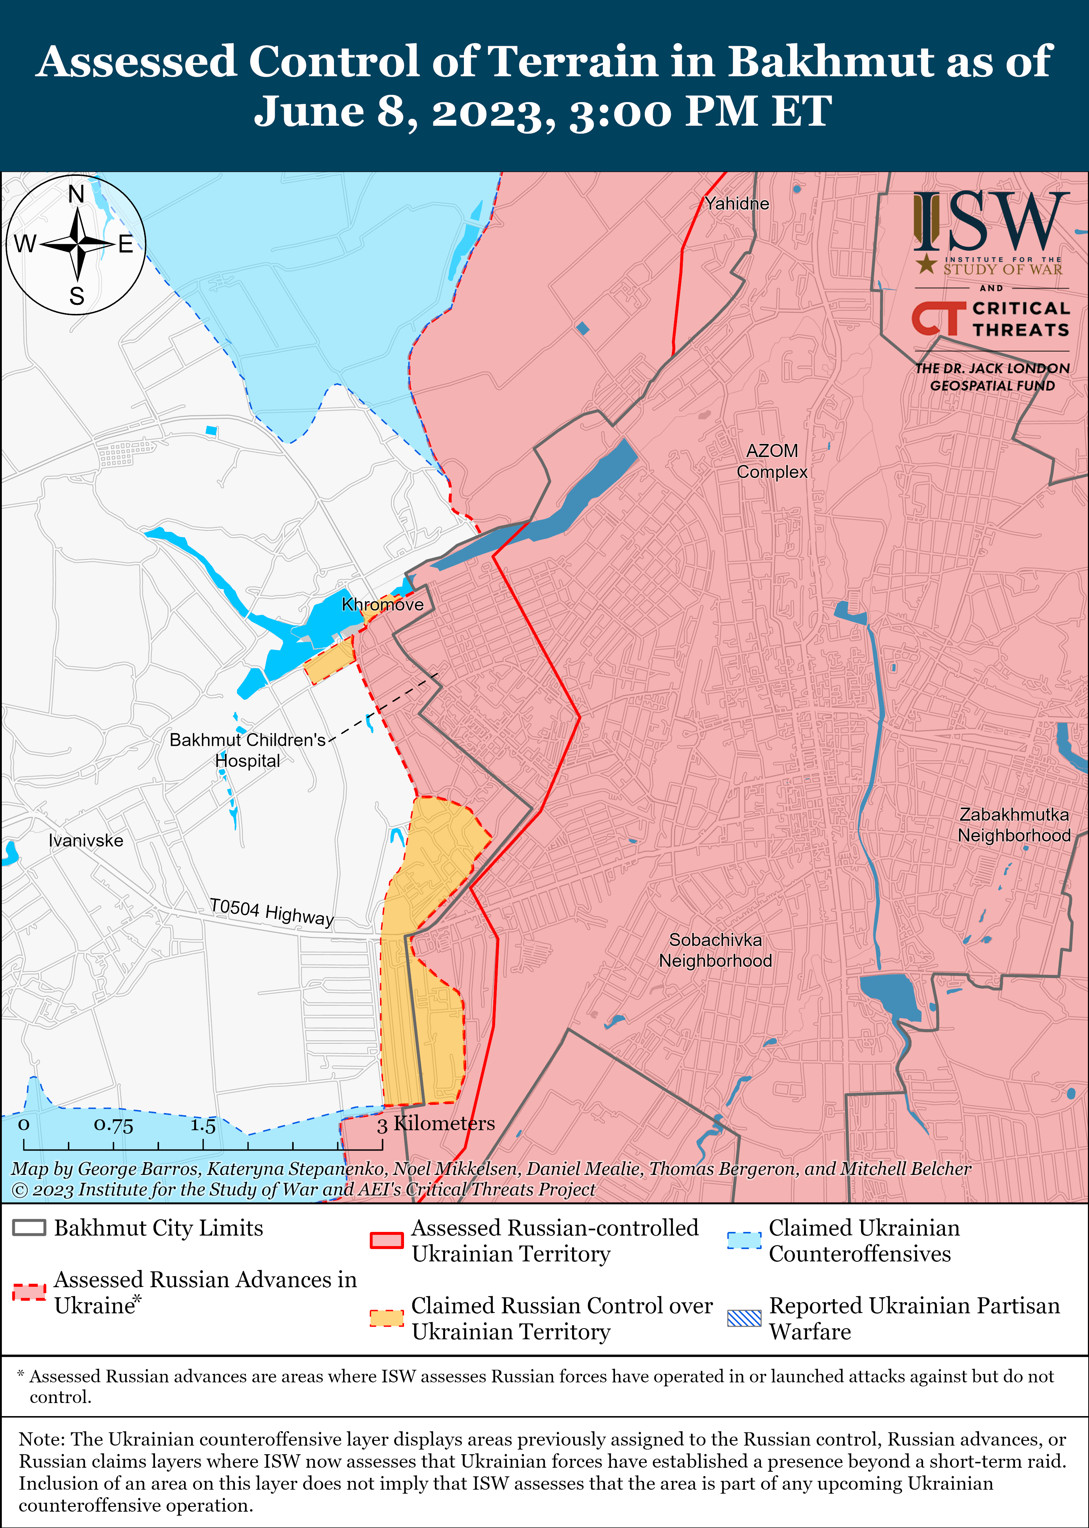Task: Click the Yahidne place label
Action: tap(736, 203)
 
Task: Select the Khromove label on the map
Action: tap(382, 605)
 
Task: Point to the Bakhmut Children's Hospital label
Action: tap(248, 749)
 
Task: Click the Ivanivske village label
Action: tap(86, 840)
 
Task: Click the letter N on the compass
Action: tap(77, 195)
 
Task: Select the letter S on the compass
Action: tap(77, 296)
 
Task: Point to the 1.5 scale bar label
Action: tap(203, 1125)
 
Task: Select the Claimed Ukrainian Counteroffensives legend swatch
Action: tap(744, 1240)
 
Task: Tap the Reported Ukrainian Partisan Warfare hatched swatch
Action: tap(744, 1318)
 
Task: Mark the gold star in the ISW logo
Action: tap(927, 264)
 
